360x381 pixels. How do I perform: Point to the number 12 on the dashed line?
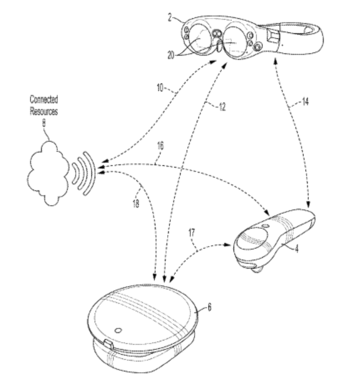pyautogui.click(x=222, y=108)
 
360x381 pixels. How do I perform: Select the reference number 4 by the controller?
pyautogui.click(x=297, y=249)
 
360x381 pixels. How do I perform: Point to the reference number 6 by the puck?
pyautogui.click(x=210, y=305)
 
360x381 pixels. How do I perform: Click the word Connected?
pyautogui.click(x=44, y=99)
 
